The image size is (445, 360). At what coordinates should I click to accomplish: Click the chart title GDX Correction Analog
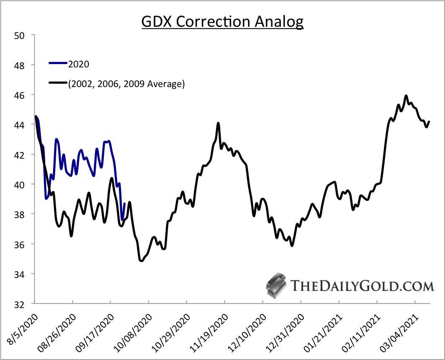(x=222, y=22)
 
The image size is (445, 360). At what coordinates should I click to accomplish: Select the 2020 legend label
(x=79, y=64)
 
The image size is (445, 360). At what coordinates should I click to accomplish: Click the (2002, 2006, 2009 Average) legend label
(x=126, y=84)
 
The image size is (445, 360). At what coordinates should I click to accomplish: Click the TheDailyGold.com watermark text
(x=362, y=286)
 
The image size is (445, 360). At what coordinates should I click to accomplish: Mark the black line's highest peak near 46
(x=406, y=96)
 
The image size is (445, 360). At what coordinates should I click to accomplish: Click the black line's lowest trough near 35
(x=141, y=261)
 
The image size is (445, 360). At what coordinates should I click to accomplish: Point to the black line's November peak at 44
(x=218, y=123)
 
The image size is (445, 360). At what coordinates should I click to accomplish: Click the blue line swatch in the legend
(x=58, y=64)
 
